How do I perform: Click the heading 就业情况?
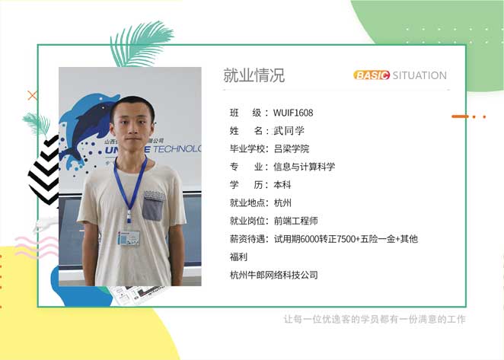pos(254,75)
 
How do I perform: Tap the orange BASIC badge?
pos(372,75)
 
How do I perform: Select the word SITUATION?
pos(419,75)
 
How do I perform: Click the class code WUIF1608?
pos(293,113)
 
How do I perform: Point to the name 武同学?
pos(289,131)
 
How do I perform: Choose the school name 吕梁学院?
pos(292,149)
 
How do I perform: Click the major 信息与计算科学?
pos(304,167)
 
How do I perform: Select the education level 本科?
pos(282,185)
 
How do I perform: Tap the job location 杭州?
pos(282,202)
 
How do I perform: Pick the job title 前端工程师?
pos(295,221)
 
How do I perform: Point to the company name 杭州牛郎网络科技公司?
pos(274,275)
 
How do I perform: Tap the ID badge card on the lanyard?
pos(129,238)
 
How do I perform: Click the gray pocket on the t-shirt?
pos(153,206)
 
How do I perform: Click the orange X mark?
pos(32,95)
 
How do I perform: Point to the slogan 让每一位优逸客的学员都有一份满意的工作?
pos(375,319)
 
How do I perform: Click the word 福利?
pos(238,256)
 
